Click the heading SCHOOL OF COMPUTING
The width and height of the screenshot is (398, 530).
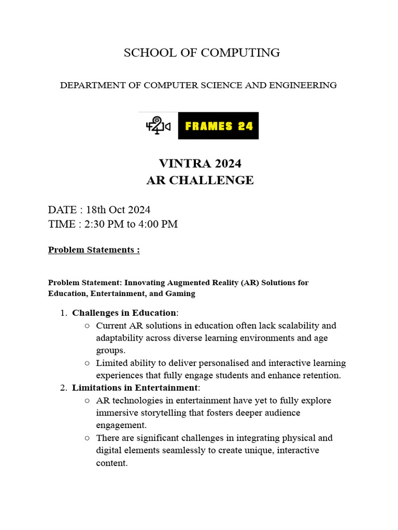(202, 53)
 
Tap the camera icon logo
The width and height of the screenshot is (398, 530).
(158, 126)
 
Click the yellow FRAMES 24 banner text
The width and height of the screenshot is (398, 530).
(218, 126)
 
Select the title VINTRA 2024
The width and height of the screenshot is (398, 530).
(200, 164)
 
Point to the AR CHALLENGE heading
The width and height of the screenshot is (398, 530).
(200, 180)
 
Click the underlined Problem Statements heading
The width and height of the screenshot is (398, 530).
(94, 250)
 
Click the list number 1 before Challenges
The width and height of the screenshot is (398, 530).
(63, 313)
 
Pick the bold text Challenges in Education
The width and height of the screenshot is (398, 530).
(124, 313)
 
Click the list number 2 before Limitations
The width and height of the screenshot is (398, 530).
(63, 388)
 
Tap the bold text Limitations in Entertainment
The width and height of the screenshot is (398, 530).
(135, 388)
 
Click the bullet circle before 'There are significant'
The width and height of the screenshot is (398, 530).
(86, 438)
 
